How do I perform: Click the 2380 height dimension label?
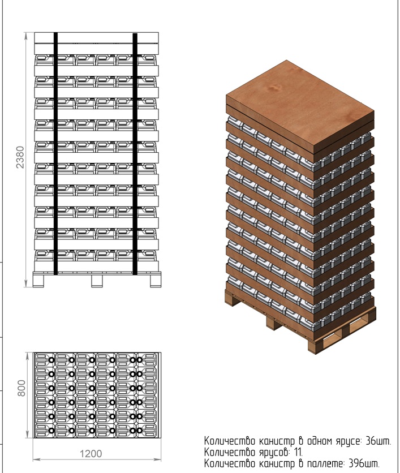pos(20,157)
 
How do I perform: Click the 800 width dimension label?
pos(21,388)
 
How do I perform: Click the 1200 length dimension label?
pos(91,453)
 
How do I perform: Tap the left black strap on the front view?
pos(55,153)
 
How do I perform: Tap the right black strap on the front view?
pos(135,154)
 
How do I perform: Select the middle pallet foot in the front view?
pos(97,281)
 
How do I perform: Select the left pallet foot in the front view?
pos(38,281)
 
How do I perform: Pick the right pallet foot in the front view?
pos(156,281)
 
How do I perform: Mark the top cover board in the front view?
pos(97,37)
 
